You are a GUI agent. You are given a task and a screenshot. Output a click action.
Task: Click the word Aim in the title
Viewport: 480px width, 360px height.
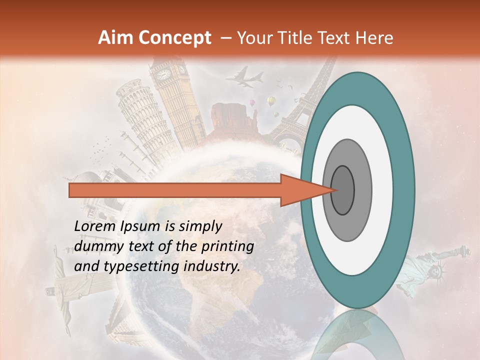(116, 38)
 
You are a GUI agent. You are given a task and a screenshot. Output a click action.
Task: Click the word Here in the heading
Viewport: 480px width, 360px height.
(374, 38)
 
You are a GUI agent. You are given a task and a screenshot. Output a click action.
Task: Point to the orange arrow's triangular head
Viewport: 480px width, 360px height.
(300, 190)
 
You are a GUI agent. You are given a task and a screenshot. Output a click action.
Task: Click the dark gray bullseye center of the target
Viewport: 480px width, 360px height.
(342, 190)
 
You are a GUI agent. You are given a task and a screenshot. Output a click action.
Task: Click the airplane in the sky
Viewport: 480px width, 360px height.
(244, 78)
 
